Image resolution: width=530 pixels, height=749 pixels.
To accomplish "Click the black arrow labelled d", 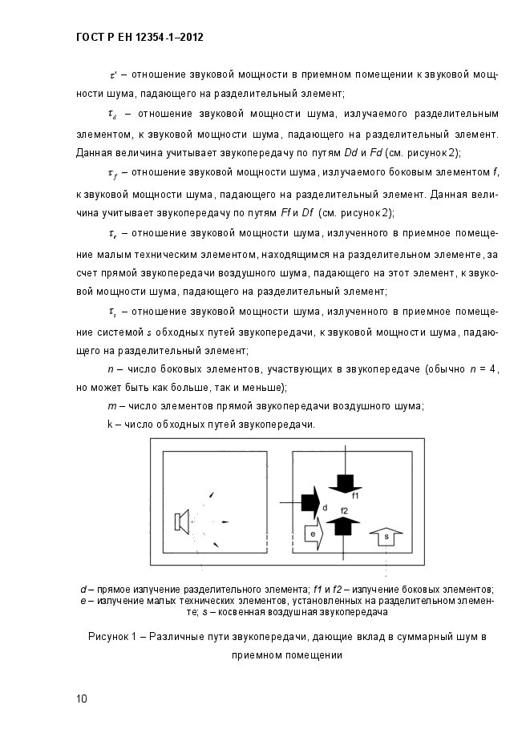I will click(x=309, y=502).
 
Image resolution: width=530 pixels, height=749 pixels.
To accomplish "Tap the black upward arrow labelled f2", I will click(x=344, y=526).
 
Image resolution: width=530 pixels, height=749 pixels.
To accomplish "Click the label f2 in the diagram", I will click(x=345, y=510).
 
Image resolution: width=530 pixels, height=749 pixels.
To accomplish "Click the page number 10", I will click(x=82, y=699).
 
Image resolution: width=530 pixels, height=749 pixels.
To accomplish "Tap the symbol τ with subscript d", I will click(x=112, y=114).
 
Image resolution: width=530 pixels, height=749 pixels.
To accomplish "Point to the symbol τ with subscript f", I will click(x=112, y=173).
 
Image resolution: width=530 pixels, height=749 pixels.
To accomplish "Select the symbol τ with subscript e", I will click(x=112, y=234).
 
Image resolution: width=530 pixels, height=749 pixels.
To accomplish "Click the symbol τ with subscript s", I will click(x=112, y=312).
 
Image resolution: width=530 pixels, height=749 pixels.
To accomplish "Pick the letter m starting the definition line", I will click(x=112, y=406).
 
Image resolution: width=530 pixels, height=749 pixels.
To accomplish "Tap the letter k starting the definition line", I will click(x=110, y=424).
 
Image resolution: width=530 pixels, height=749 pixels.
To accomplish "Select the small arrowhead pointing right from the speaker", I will click(x=225, y=522).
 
